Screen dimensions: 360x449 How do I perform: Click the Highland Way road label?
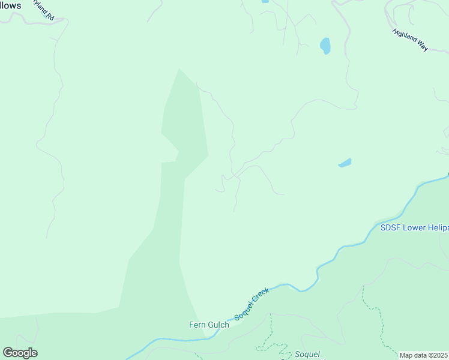(x=410, y=40)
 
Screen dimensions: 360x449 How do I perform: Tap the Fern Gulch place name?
(x=209, y=325)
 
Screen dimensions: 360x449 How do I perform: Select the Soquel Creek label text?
(x=252, y=304)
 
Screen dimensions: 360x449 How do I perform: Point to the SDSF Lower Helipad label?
(x=414, y=227)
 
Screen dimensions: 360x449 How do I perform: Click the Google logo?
(x=20, y=352)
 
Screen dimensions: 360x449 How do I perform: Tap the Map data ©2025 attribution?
(x=424, y=355)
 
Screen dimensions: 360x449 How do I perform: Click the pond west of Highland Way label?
(x=325, y=46)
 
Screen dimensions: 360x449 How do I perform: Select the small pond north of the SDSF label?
(x=345, y=163)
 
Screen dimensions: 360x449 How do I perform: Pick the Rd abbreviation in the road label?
(x=51, y=17)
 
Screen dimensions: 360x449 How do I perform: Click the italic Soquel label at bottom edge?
(x=307, y=354)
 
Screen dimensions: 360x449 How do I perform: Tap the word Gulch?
(x=219, y=325)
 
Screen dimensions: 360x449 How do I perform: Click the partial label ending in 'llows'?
(x=11, y=5)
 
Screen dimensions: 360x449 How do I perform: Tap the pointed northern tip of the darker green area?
(x=179, y=70)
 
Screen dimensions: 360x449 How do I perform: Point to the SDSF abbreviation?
(x=390, y=227)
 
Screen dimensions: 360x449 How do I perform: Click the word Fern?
(x=198, y=325)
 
